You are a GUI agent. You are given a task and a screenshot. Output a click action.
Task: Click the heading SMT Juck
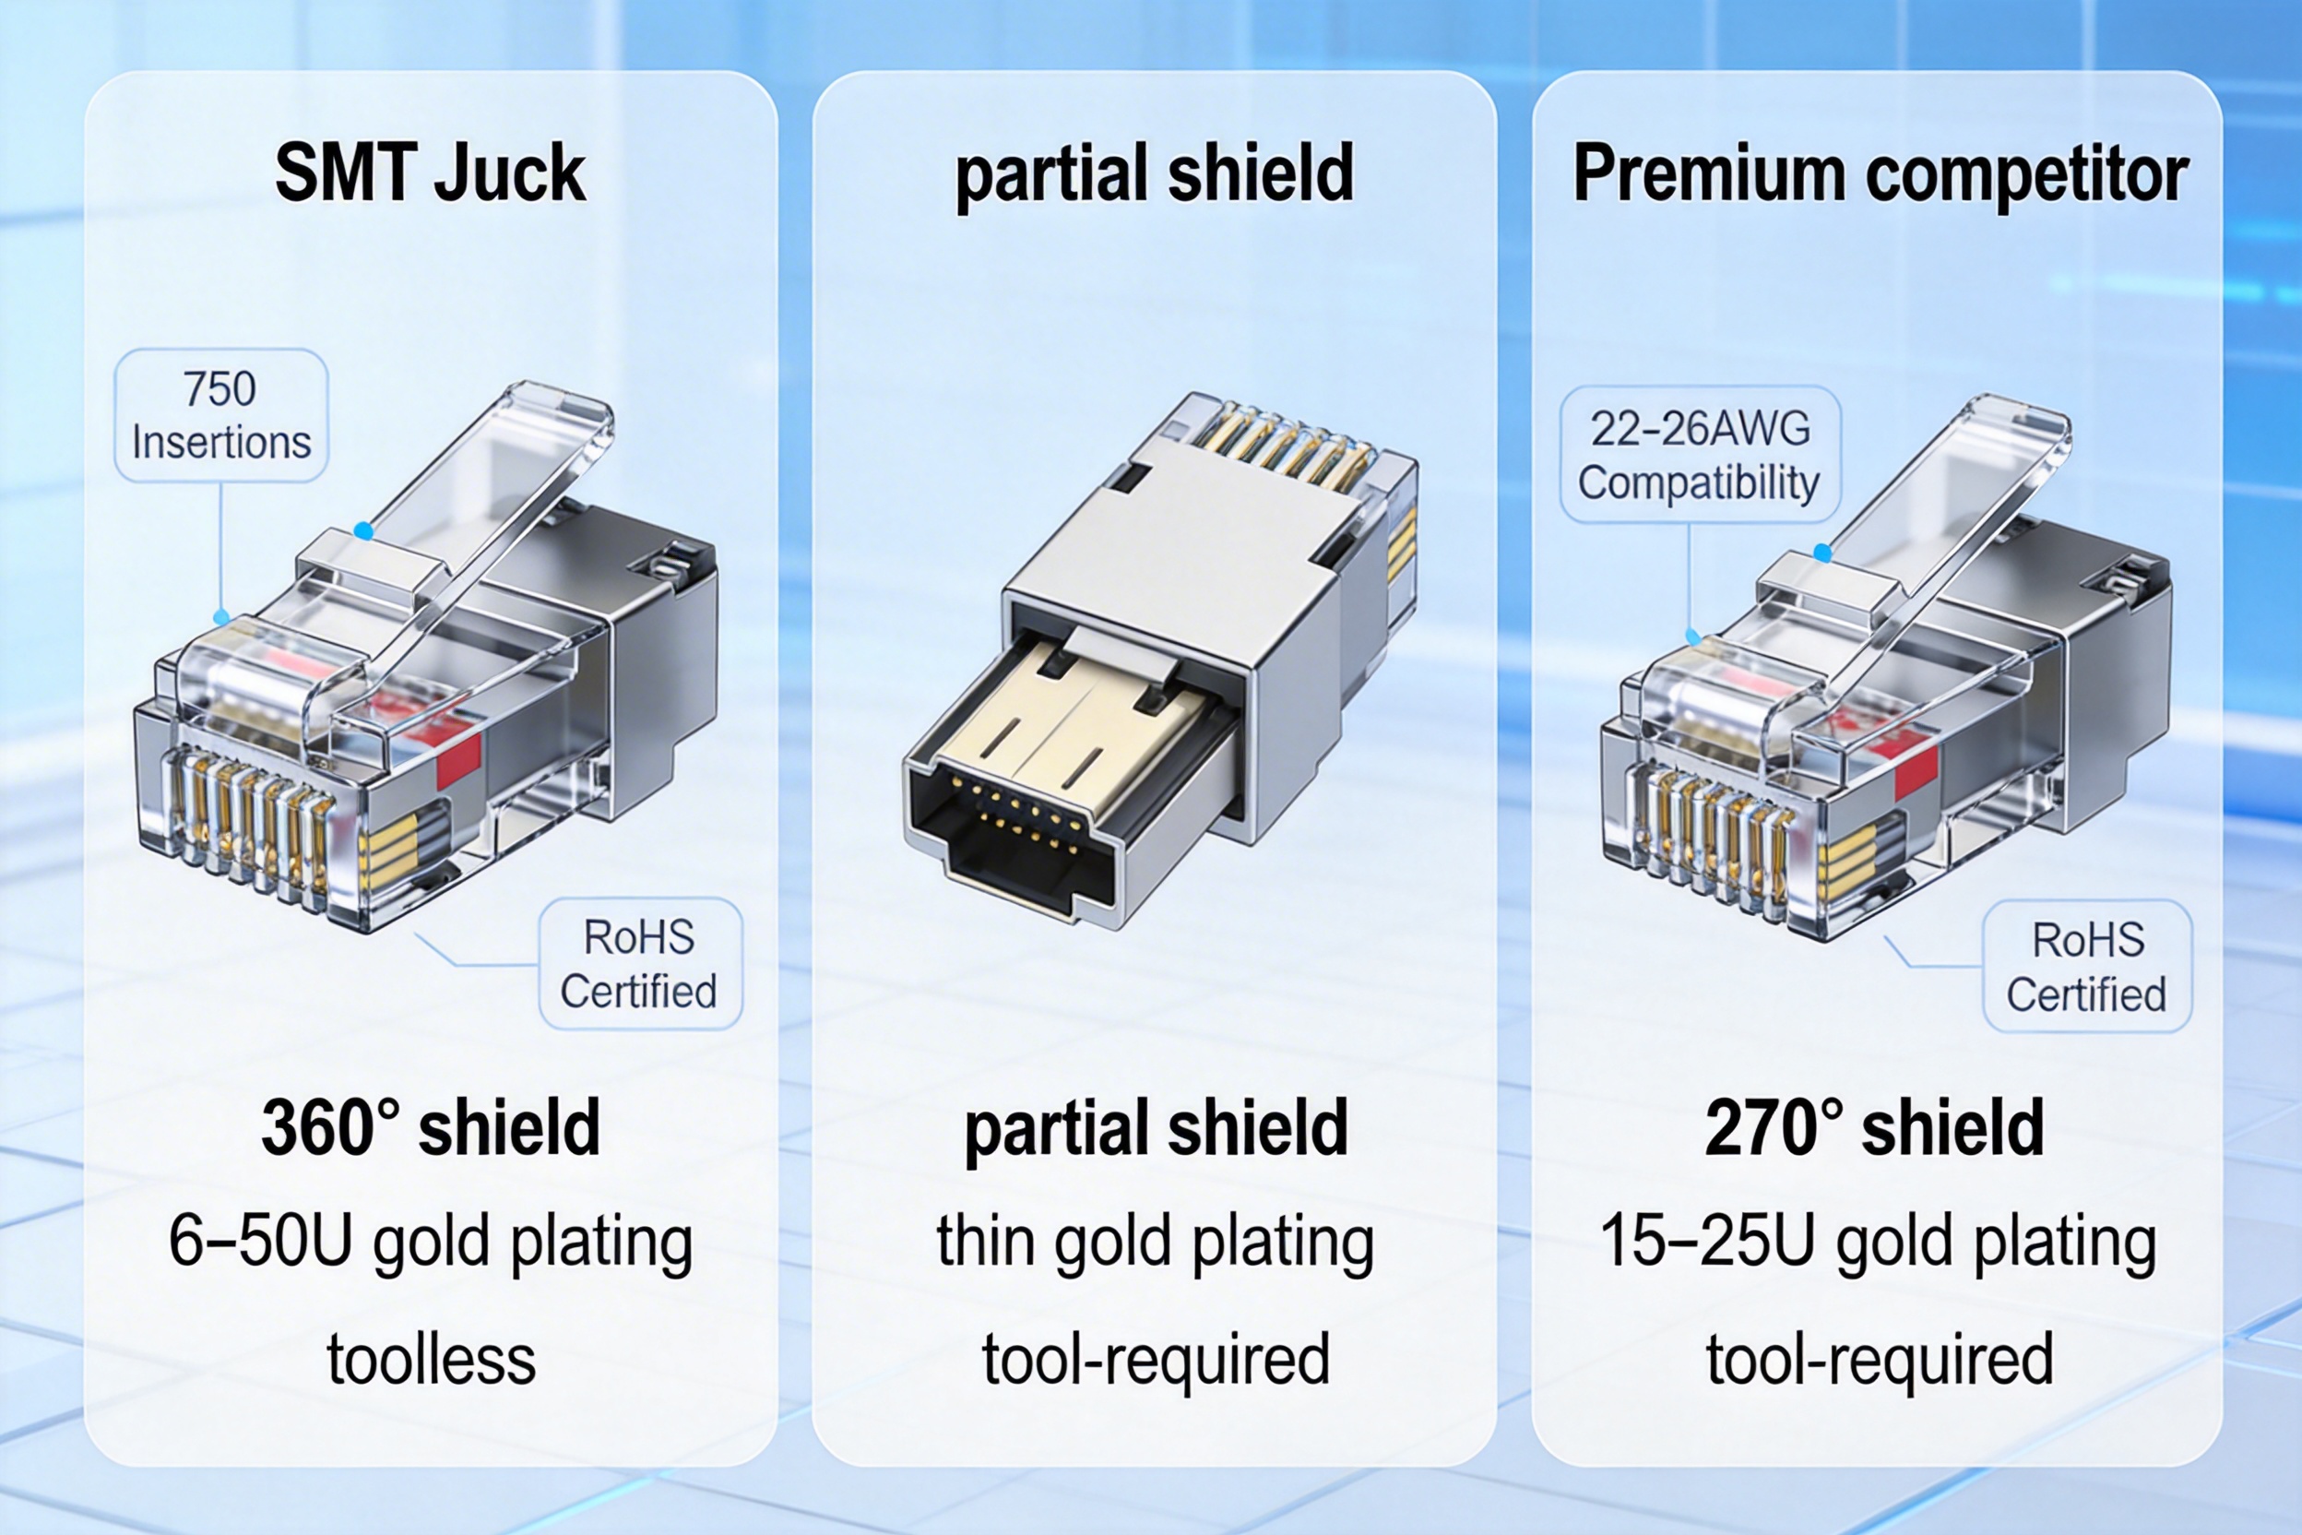coord(430,173)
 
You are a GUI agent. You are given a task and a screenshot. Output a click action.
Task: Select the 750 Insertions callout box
coord(221,415)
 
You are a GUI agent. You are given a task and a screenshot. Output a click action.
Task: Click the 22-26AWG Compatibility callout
coord(1699,455)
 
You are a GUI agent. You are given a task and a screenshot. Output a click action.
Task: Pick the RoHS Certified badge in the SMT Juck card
coord(640,964)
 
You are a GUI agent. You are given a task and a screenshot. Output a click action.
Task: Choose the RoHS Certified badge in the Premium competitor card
coord(2087,967)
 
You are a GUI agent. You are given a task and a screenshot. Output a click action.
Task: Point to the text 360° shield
coord(431,1128)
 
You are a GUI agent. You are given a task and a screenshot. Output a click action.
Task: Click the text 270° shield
coord(1874,1128)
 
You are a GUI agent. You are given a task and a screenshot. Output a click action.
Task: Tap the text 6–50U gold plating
coord(431,1242)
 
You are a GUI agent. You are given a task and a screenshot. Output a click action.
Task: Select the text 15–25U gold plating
coord(1878,1242)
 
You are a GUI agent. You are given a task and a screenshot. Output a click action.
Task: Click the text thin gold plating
coord(1155,1242)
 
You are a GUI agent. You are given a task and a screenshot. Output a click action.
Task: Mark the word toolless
coord(431,1359)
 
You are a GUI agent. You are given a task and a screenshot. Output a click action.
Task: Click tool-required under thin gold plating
coord(1155,1359)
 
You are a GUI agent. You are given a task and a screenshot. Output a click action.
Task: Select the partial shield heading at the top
coord(1155,173)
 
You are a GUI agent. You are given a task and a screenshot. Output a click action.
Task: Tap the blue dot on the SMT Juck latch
coord(363,531)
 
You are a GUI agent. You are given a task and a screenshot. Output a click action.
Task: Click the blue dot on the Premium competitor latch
coord(1822,553)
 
